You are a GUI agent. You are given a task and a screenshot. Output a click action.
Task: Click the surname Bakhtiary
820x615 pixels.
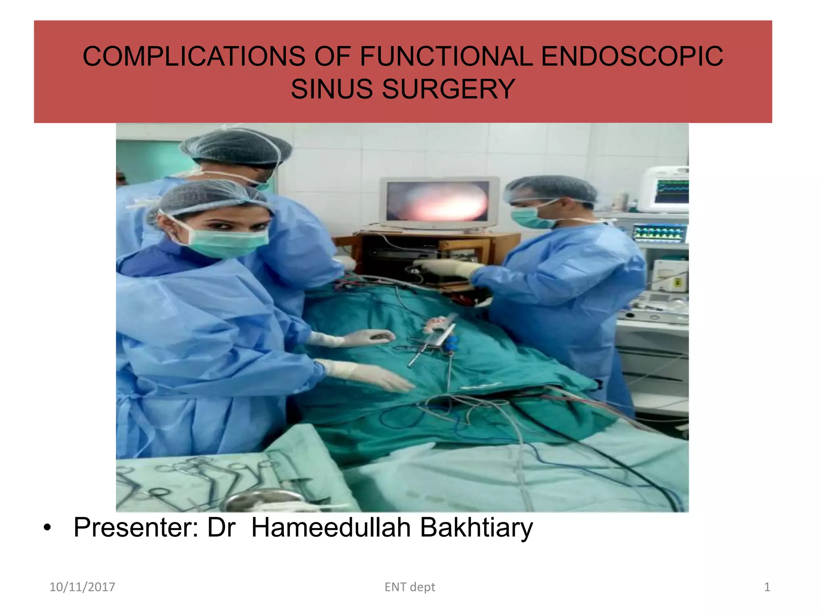476,528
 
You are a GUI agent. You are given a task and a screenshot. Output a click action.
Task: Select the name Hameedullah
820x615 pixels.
331,528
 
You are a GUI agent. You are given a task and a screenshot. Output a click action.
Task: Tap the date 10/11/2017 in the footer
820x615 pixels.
82,587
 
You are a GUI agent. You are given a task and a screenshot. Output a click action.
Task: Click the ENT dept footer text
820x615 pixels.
410,587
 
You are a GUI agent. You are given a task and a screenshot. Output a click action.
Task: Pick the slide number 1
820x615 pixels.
767,587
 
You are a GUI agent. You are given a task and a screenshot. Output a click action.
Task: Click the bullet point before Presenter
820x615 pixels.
48,528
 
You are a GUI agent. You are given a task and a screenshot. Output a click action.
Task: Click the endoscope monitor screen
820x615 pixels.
438,201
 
